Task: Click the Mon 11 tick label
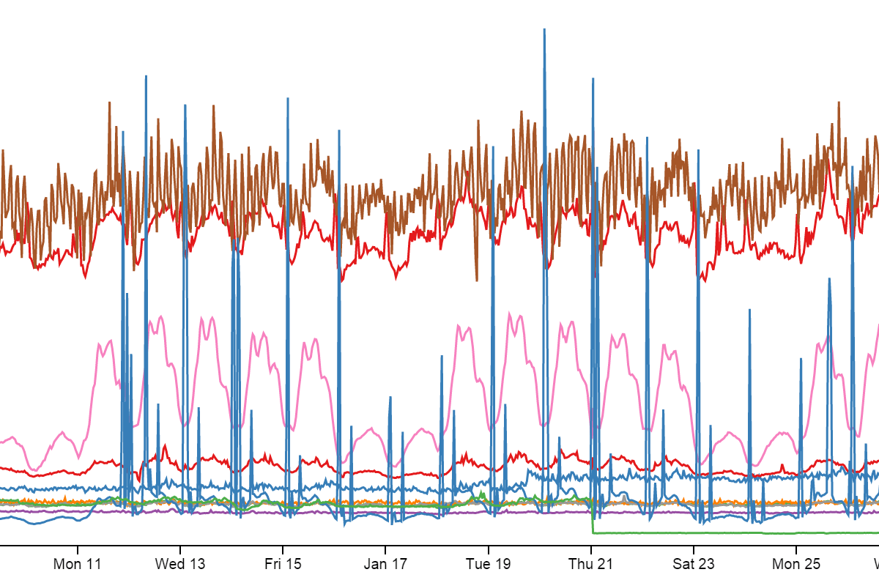pos(77,564)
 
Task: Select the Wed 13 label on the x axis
pos(180,564)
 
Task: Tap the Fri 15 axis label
pos(283,564)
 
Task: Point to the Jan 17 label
pos(386,564)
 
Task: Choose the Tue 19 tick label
pos(489,564)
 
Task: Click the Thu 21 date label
pos(591,564)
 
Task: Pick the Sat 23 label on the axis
pos(694,564)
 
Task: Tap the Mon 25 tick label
pos(796,564)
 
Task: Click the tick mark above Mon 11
pos(78,549)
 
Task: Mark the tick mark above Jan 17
pos(386,549)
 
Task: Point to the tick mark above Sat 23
pos(694,549)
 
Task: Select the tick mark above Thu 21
pos(591,549)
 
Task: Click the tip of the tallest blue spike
pos(544,29)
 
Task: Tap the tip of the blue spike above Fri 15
pos(288,98)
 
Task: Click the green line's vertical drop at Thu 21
pos(592,516)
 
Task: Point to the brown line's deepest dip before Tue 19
pos(477,280)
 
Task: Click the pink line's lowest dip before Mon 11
pos(34,469)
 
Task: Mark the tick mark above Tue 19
pos(489,549)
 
